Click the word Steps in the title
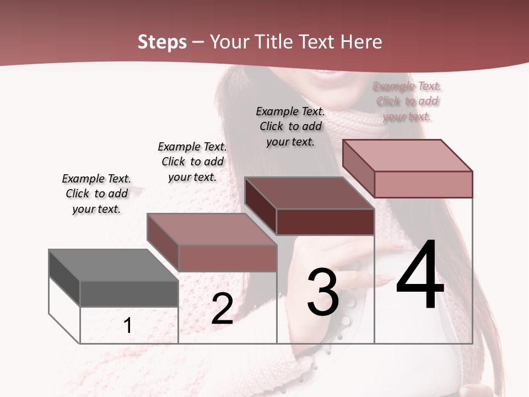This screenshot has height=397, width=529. (161, 42)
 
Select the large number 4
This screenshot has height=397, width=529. (420, 276)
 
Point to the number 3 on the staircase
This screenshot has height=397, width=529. (323, 292)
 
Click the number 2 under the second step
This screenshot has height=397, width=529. (222, 309)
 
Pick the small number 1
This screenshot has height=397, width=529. (128, 326)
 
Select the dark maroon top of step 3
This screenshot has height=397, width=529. (309, 193)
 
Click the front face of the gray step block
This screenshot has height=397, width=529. (129, 294)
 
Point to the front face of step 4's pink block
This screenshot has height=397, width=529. (423, 184)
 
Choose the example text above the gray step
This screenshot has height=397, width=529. (96, 194)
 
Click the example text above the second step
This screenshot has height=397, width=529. (192, 162)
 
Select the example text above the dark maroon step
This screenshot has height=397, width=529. (290, 126)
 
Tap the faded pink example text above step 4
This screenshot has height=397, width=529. (407, 101)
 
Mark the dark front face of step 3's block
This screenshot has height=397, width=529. (325, 222)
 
